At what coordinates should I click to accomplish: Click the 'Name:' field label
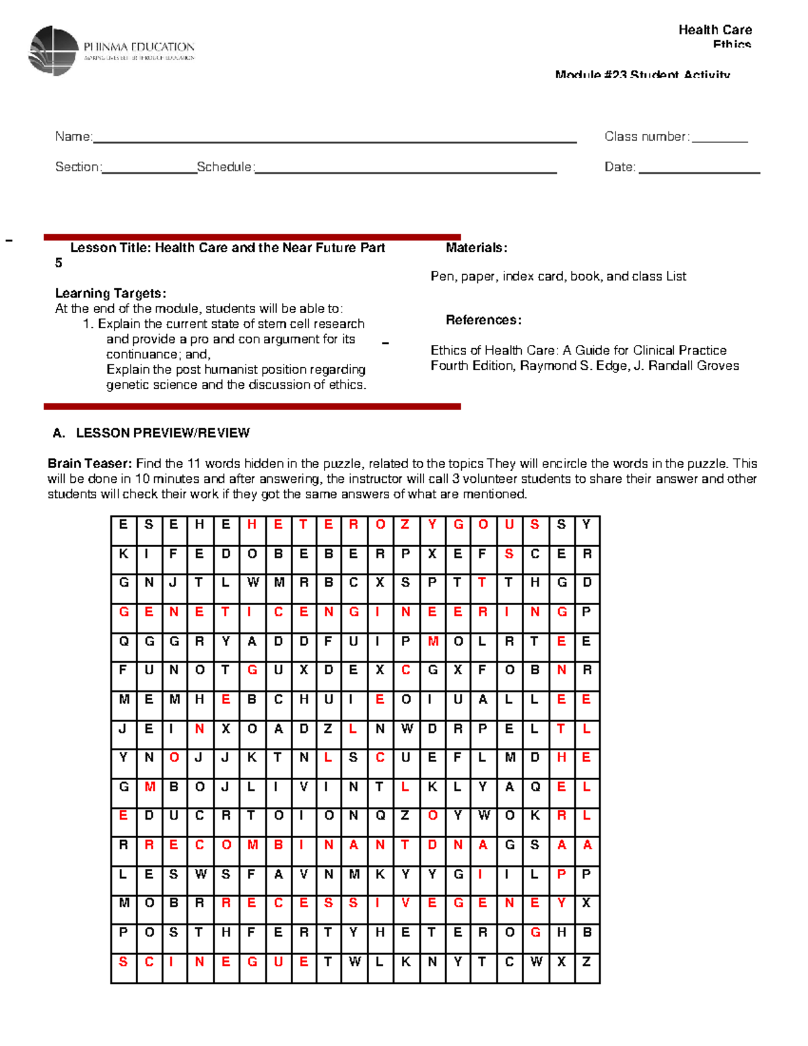73,137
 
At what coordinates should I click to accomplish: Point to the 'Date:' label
619,167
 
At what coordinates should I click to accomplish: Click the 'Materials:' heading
476,248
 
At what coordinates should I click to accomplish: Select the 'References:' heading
483,320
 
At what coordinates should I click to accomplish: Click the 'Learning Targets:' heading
110,293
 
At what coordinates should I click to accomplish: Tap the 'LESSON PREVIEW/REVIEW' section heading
162,433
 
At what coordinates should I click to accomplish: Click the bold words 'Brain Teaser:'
90,463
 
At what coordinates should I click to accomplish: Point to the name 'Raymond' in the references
545,366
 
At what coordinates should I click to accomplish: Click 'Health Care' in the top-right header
715,30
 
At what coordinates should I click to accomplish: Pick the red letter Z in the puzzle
405,524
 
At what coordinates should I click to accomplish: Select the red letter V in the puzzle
405,903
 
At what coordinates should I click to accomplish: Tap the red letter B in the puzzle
278,845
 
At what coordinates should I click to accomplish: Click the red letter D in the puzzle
432,845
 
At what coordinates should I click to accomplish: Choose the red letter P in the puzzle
561,874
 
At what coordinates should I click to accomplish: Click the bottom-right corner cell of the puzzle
586,962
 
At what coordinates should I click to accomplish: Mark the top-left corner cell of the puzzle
123,524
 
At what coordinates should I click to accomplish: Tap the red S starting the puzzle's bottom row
123,962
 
